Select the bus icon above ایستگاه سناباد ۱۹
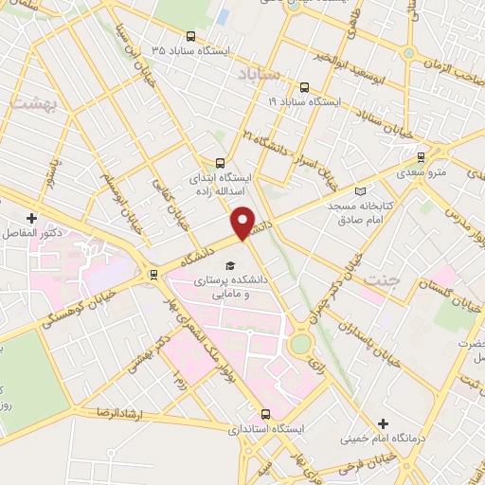pos(303,84)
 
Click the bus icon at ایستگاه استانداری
pos(265,414)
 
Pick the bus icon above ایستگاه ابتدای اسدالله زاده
pos(221,162)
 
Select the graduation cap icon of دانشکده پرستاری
pos(228,266)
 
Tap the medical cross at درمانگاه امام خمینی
pos(383,423)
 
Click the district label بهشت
pos(31,101)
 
